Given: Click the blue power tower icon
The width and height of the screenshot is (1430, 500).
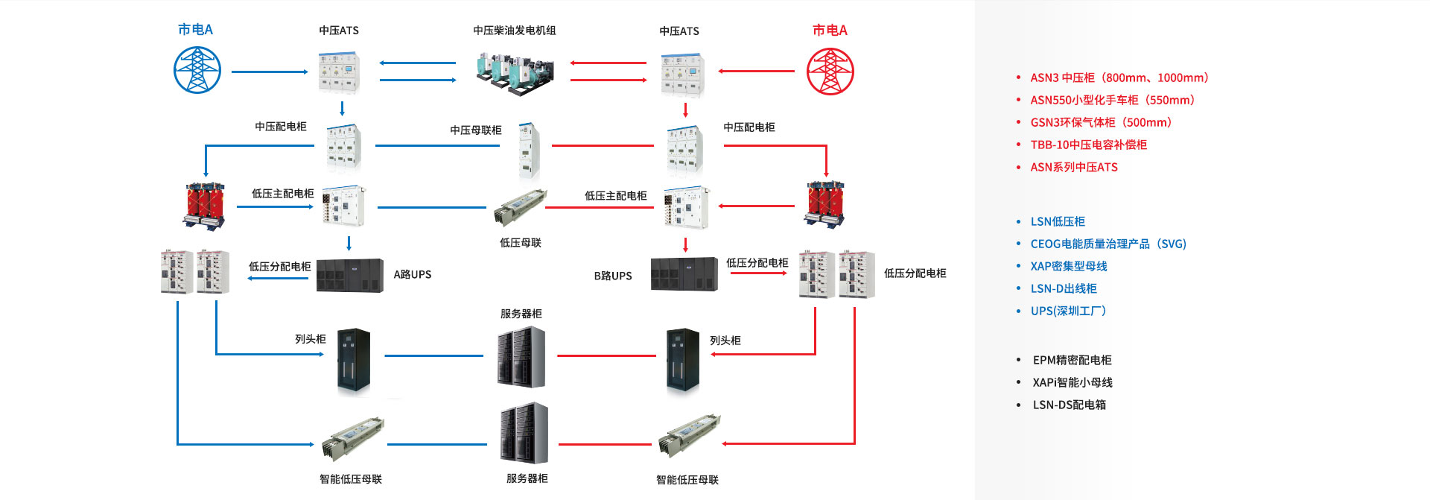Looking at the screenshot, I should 197,70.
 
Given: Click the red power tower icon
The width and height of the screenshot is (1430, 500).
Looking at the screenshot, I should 830,72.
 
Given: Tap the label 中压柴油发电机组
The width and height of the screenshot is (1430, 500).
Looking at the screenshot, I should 515,31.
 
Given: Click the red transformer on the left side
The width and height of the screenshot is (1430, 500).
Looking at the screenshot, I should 204,204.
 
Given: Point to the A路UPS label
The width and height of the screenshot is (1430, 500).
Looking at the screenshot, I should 413,275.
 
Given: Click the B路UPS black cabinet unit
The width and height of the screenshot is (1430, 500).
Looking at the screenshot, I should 684,275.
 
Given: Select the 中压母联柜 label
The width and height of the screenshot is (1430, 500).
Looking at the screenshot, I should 476,130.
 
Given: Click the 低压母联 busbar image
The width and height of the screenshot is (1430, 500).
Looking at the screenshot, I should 519,207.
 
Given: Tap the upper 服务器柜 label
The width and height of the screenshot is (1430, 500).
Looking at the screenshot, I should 521,314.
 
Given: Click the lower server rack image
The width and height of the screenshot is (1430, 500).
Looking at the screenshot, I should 524,433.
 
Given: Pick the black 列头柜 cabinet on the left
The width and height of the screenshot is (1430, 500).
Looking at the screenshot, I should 354,360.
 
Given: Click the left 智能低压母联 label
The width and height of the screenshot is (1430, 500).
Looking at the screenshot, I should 351,479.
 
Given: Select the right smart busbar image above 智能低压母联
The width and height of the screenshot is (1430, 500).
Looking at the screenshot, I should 690,435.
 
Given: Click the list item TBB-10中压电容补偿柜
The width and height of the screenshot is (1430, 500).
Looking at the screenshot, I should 1088,145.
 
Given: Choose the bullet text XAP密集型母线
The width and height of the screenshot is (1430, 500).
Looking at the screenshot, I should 1068,266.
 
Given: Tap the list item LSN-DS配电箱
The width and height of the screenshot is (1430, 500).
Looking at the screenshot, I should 1069,405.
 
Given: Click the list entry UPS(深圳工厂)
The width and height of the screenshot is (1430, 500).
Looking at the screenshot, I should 1068,311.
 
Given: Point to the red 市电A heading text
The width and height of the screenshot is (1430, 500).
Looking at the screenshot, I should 830,31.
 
